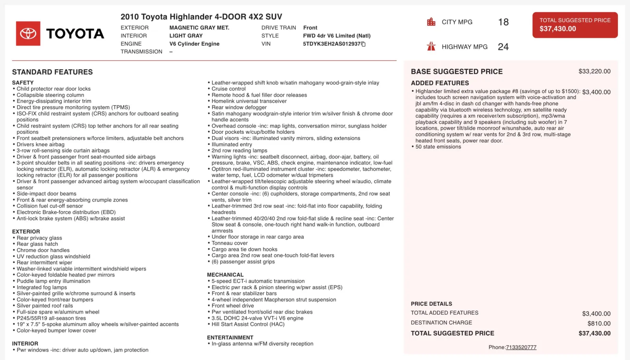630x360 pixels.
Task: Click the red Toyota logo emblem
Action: (28, 33)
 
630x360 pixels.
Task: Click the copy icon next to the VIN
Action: (363, 44)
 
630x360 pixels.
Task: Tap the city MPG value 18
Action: (503, 22)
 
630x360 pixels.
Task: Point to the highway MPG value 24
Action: (503, 47)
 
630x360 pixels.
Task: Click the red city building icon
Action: (431, 22)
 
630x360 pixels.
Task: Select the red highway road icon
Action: (431, 46)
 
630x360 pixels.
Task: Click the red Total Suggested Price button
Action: (575, 25)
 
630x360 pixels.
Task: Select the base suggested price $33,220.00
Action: (594, 71)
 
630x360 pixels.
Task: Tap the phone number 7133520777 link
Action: (521, 347)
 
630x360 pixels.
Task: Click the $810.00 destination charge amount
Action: (599, 323)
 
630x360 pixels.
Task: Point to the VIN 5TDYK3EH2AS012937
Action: (332, 44)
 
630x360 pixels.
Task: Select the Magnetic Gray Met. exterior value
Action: (199, 28)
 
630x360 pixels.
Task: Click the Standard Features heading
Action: (52, 72)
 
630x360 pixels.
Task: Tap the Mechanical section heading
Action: (225, 275)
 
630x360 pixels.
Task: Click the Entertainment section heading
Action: (230, 338)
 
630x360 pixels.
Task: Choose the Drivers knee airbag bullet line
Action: (41, 145)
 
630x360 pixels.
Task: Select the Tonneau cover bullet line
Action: (230, 243)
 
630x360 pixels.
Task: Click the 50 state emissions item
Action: (438, 147)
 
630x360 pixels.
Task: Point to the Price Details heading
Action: (431, 304)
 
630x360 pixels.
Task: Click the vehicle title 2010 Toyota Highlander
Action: (201, 17)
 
